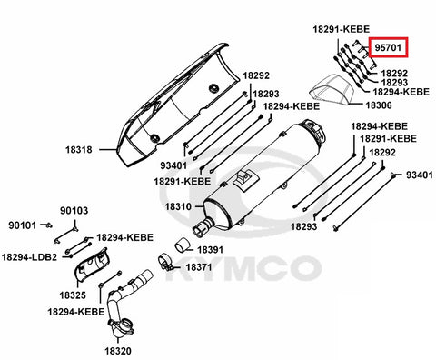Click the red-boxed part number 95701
[x=388, y=47]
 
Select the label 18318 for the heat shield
[x=79, y=149]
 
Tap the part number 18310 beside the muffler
[x=178, y=206]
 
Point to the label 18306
[x=379, y=105]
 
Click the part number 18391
[x=210, y=250]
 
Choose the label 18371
[x=199, y=267]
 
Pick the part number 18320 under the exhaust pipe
[x=118, y=351]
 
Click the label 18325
[x=73, y=295]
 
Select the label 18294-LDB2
[x=29, y=257]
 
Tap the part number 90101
[x=22, y=225]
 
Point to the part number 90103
[x=74, y=211]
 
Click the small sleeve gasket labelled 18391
[x=183, y=245]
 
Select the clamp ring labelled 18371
[x=165, y=263]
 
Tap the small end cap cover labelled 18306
[x=332, y=90]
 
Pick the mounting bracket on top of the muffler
[x=245, y=179]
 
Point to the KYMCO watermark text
[x=246, y=268]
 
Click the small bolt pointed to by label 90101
[x=48, y=225]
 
